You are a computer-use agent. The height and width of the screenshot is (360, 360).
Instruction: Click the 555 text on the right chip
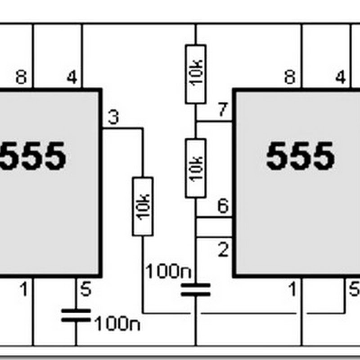coord(300,157)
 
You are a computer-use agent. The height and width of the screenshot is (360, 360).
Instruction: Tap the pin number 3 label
coord(113,118)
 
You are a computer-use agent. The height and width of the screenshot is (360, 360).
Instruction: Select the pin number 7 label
coord(223,111)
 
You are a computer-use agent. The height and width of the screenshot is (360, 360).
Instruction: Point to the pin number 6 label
coord(223,207)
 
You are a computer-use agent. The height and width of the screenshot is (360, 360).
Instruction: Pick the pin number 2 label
coord(223,250)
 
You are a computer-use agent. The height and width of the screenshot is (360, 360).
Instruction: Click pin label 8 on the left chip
coord(21,77)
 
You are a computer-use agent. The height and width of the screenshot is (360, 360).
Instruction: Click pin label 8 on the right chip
coord(290,77)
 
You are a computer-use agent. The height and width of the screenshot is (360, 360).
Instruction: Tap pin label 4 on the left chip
coord(72,77)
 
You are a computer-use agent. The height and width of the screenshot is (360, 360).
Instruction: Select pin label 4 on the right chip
coord(341,77)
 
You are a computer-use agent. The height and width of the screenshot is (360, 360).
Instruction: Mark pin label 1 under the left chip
coord(23,290)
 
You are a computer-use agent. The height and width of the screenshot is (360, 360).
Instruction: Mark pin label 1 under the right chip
coord(292,290)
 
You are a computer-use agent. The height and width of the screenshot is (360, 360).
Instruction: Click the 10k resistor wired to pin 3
coord(142,206)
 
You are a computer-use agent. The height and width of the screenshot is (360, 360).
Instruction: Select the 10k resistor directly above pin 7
coord(195,74)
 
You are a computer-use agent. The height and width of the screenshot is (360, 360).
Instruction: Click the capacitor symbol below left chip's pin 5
coord(76,315)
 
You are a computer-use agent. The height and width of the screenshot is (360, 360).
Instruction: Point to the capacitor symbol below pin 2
coord(195,290)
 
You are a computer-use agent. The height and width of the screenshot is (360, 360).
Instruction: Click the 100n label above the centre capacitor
coord(168,271)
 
